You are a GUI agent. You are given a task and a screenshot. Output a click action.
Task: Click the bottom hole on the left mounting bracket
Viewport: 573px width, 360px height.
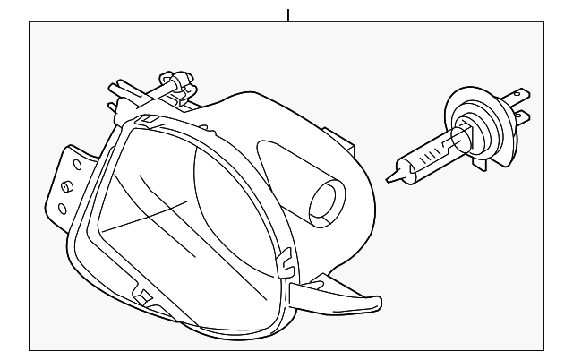(x=61, y=209)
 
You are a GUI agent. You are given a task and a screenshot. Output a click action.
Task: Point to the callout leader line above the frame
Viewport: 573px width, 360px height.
(x=288, y=14)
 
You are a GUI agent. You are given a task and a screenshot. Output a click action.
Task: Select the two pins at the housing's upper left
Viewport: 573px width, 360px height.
(x=115, y=97)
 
